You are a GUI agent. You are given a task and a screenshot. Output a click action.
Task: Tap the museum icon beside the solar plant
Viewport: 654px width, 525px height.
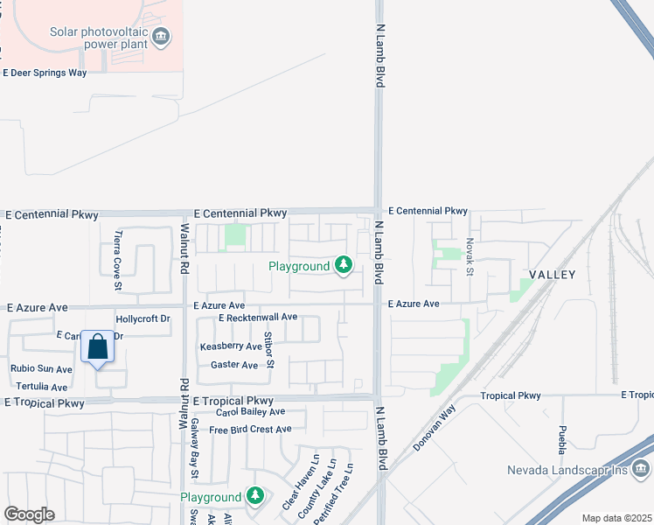[161, 37]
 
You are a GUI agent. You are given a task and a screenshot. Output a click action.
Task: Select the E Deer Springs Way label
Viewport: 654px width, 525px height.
[45, 73]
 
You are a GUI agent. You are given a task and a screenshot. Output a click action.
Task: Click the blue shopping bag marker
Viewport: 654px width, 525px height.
[98, 347]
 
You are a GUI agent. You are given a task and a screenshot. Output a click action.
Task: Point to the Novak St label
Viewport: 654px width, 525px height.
[470, 256]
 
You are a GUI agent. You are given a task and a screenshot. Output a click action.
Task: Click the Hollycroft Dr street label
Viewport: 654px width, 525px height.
[143, 319]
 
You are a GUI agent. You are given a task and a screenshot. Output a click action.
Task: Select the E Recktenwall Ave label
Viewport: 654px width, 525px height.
[258, 317]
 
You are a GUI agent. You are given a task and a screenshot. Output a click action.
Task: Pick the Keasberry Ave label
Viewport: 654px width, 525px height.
[231, 346]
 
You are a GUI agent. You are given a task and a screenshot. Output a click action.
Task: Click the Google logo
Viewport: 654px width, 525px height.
[29, 514]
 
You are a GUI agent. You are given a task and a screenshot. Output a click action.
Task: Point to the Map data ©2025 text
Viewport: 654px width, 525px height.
[616, 518]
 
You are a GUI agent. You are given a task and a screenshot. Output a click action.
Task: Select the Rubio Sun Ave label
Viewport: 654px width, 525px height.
[38, 368]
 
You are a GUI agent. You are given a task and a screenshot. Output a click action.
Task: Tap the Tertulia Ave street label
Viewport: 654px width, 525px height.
[40, 387]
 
